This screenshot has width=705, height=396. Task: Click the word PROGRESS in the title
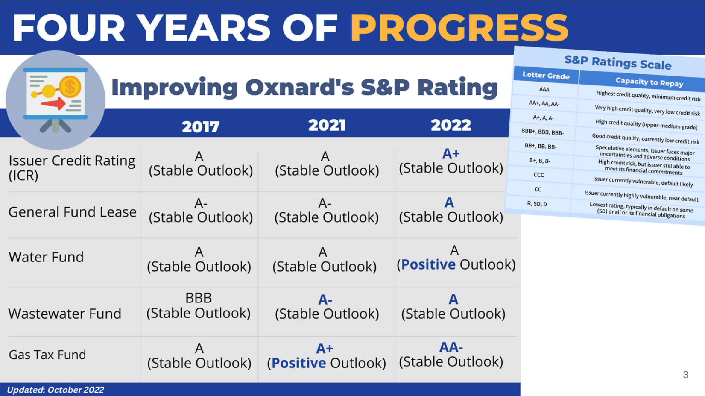(x=459, y=28)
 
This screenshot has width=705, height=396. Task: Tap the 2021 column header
(x=327, y=125)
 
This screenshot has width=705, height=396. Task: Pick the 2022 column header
(x=451, y=125)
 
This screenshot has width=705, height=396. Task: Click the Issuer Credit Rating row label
(x=72, y=168)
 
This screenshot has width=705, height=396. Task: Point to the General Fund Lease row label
(x=72, y=212)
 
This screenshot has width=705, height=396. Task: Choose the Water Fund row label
(x=46, y=257)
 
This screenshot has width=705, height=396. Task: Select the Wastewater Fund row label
(x=65, y=314)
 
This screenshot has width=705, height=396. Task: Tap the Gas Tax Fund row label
(x=47, y=355)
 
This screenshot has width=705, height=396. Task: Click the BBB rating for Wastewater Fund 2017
(x=199, y=298)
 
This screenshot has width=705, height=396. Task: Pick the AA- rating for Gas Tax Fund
(x=451, y=347)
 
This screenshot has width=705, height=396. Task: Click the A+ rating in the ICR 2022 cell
(x=451, y=154)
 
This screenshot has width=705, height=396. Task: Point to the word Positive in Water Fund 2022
(x=428, y=265)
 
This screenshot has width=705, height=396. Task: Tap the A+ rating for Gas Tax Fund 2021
(x=325, y=348)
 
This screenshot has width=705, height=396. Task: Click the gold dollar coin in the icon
(x=70, y=87)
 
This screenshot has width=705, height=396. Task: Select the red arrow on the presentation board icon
(x=53, y=103)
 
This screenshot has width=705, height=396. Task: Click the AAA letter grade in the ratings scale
(x=544, y=89)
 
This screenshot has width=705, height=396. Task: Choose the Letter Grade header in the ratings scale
(x=546, y=75)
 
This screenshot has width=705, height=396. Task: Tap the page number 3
(x=686, y=375)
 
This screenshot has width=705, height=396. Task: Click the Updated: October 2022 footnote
(x=55, y=390)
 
